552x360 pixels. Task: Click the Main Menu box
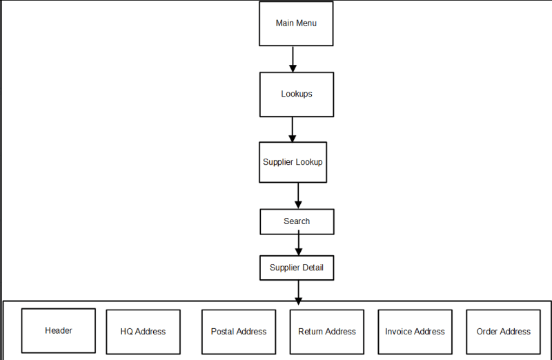[x=296, y=23]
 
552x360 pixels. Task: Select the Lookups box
[x=296, y=94]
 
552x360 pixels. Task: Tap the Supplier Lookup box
[x=293, y=162]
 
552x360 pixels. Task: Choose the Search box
[x=297, y=221]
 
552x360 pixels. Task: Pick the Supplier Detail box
[x=297, y=268]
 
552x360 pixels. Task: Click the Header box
[x=59, y=331]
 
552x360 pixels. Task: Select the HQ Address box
[x=143, y=332]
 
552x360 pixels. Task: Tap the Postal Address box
[x=239, y=332]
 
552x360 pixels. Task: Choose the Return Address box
[x=327, y=332]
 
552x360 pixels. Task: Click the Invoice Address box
[x=415, y=332]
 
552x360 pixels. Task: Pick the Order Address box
[x=503, y=332]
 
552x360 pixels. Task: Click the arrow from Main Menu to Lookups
[x=293, y=59]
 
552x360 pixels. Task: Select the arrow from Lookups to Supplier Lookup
[x=293, y=129]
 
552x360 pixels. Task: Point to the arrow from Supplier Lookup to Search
[x=298, y=196]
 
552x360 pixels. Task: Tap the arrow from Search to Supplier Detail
[x=298, y=244]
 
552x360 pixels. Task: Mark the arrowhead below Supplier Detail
[x=298, y=300]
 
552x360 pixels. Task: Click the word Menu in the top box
[x=307, y=23]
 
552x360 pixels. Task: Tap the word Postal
[x=223, y=332]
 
